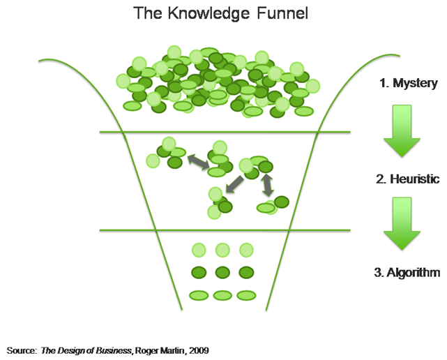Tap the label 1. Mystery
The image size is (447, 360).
408,84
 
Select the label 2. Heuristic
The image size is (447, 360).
407,179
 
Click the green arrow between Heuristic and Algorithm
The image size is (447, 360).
402,225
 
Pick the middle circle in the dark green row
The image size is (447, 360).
222,272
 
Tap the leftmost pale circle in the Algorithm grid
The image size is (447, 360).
199,249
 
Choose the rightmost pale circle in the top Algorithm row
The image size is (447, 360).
245,249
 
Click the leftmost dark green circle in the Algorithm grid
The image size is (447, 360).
199,272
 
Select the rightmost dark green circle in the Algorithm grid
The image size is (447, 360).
245,272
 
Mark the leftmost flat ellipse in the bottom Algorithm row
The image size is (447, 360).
199,295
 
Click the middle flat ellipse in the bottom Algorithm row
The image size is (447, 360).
222,295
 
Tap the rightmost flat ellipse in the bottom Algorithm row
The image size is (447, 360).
246,295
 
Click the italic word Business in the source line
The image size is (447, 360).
114,349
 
